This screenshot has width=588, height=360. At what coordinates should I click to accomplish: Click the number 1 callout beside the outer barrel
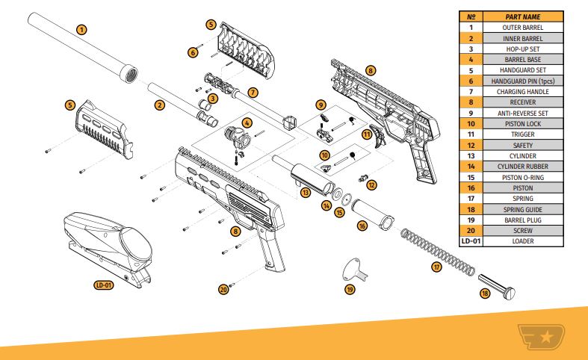tap(81, 30)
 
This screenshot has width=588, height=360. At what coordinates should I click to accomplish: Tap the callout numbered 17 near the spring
tap(436, 267)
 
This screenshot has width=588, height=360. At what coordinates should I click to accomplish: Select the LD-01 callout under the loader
tap(104, 285)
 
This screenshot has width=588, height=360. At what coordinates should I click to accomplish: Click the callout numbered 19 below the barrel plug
tap(350, 289)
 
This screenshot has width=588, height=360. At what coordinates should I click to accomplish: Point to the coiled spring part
tap(438, 252)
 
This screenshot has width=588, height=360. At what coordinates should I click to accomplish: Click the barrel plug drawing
tap(355, 270)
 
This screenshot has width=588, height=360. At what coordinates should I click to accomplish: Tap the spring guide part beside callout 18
tap(497, 287)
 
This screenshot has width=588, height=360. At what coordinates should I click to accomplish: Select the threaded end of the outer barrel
tap(129, 75)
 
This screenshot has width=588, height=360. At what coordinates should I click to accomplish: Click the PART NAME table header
tap(523, 16)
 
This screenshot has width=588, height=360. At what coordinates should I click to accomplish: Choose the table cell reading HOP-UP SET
tap(523, 49)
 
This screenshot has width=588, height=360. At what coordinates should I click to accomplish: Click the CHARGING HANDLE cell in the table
tap(523, 92)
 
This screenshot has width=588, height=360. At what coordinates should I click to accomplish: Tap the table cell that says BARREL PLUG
tap(523, 220)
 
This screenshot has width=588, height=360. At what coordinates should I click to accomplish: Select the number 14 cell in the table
tap(471, 167)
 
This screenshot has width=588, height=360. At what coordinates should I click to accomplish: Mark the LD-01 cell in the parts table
tap(471, 241)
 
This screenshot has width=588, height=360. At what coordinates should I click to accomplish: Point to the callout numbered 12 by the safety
tap(371, 185)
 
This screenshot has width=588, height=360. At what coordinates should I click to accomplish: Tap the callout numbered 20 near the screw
tap(223, 290)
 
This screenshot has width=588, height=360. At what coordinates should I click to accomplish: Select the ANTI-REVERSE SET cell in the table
tap(523, 113)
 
